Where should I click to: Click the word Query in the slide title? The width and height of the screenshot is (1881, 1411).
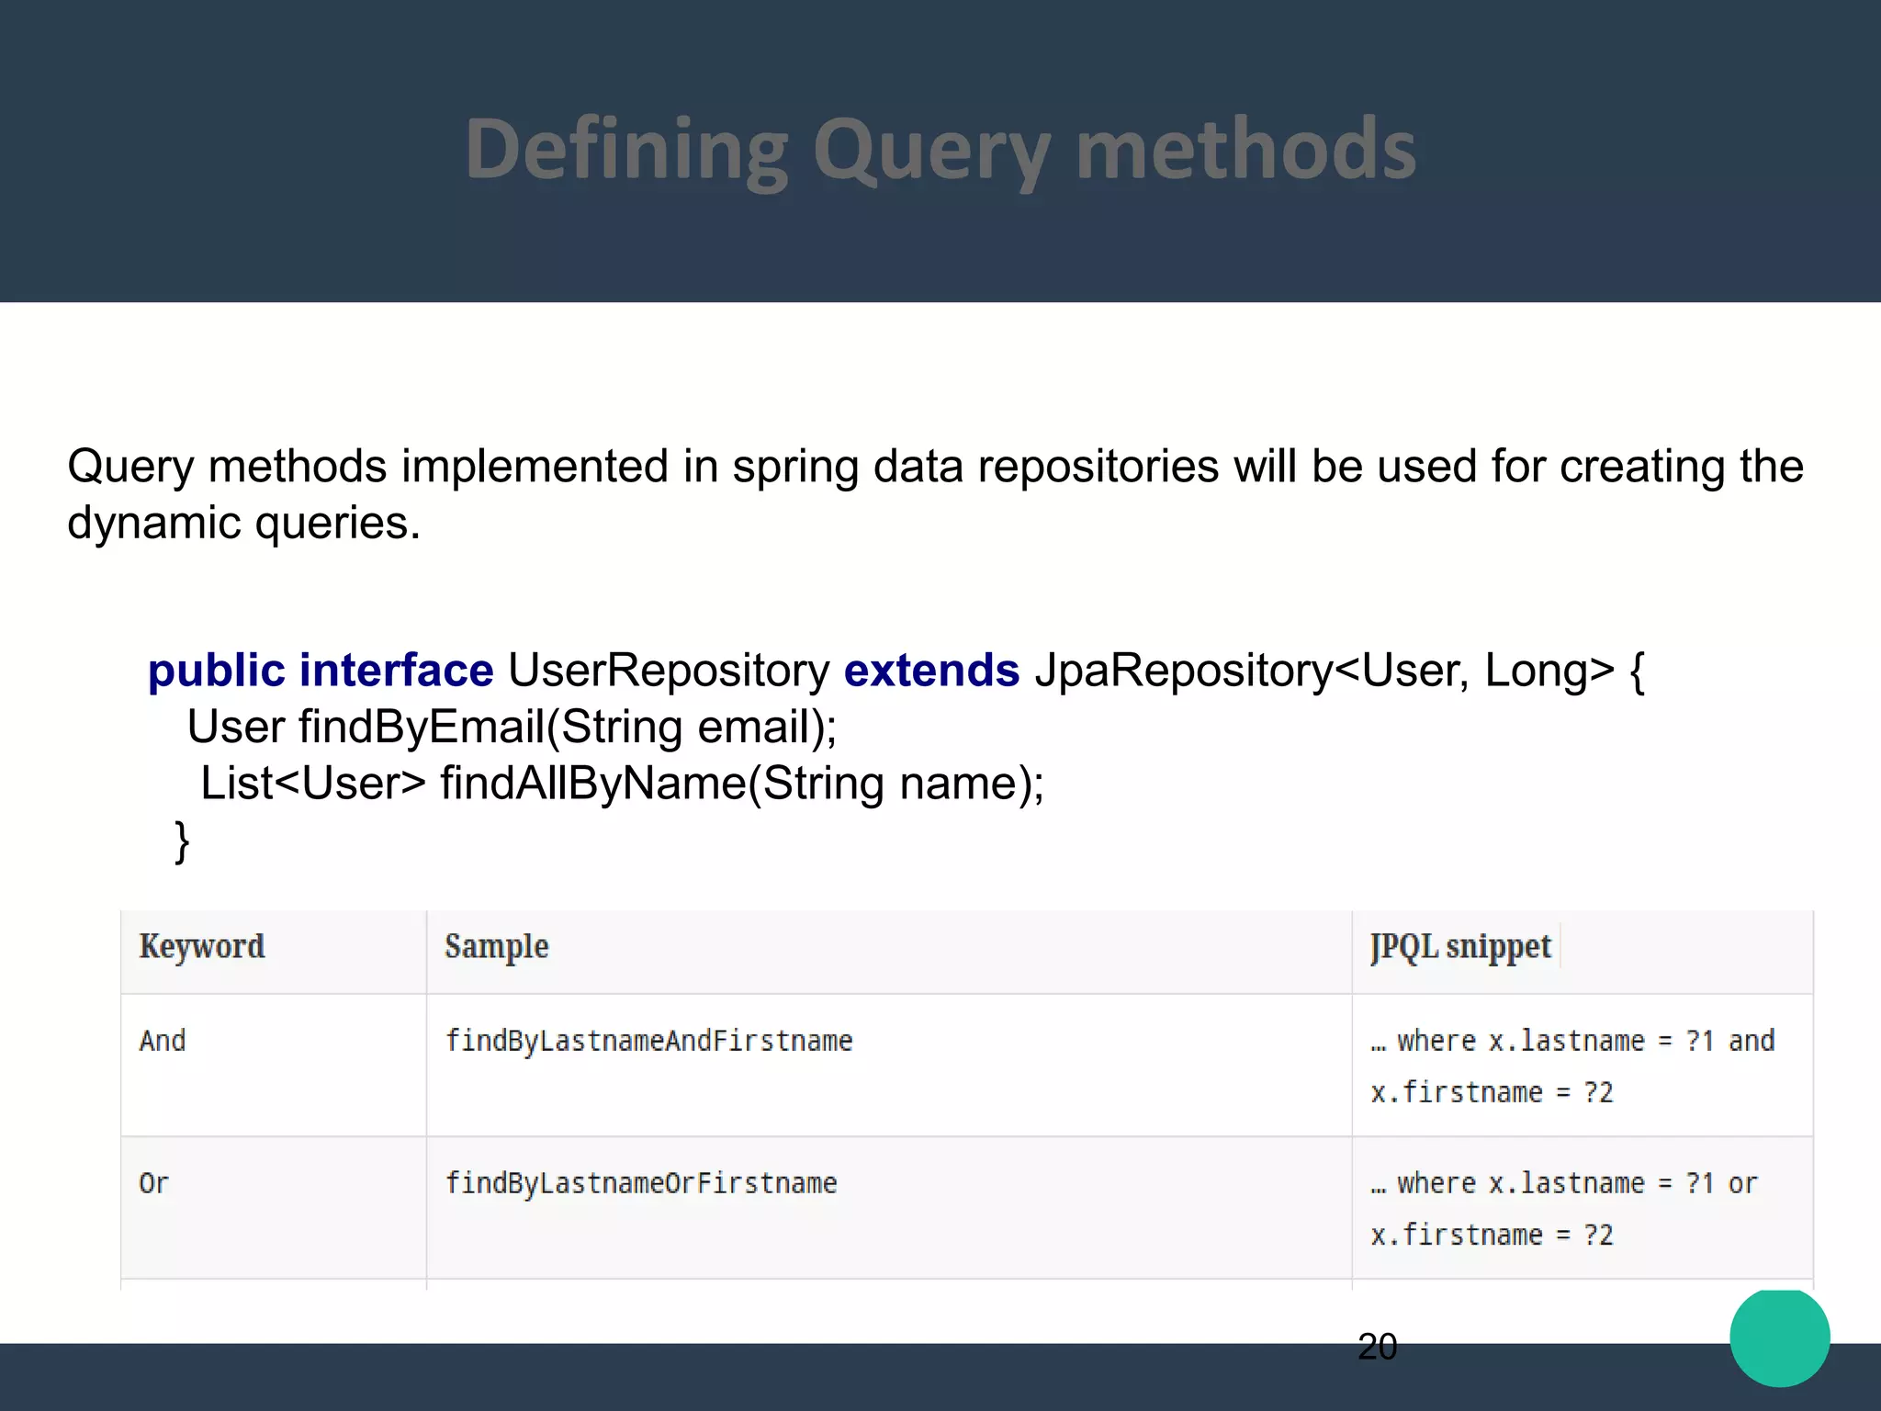[x=931, y=152]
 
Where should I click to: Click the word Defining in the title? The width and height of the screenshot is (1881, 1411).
[x=626, y=152]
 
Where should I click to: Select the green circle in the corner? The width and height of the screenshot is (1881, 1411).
[x=1779, y=1338]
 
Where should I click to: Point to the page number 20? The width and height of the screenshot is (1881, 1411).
[x=1377, y=1347]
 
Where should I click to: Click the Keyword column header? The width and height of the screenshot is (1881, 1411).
[x=202, y=946]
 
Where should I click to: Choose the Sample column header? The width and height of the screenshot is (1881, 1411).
[x=496, y=946]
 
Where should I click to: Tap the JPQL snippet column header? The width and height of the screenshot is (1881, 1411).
[x=1460, y=946]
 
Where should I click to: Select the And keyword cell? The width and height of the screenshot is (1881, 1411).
[x=163, y=1041]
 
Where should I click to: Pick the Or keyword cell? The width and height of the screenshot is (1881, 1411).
[x=153, y=1183]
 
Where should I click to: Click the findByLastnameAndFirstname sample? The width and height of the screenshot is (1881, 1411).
[x=648, y=1041]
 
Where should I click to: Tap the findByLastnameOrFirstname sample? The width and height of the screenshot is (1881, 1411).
[x=641, y=1183]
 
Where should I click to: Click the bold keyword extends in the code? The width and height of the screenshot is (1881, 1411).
[x=931, y=670]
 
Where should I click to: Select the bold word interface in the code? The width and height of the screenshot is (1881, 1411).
[x=396, y=670]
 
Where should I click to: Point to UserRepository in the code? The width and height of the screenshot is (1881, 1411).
[x=669, y=670]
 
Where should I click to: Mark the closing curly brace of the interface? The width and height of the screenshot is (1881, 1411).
[x=182, y=841]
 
